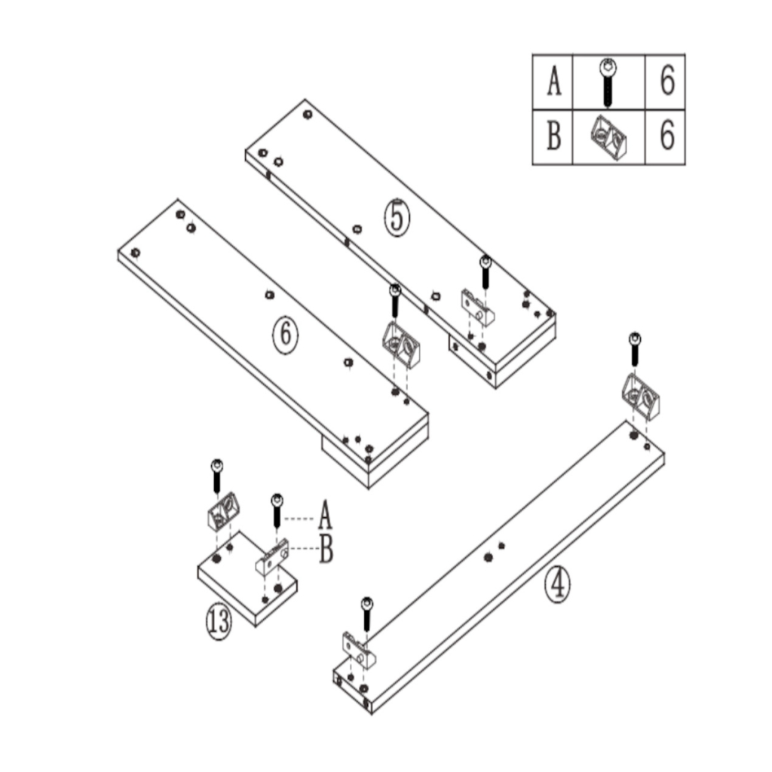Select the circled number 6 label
[285, 337]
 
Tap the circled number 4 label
[558, 584]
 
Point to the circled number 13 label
[219, 623]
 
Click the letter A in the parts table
[553, 81]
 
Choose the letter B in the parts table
[553, 136]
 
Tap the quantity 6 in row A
[666, 81]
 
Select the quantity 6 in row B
[666, 136]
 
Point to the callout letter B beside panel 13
[326, 550]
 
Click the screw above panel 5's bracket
[485, 272]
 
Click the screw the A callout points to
[277, 510]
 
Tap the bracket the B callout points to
[273, 556]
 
